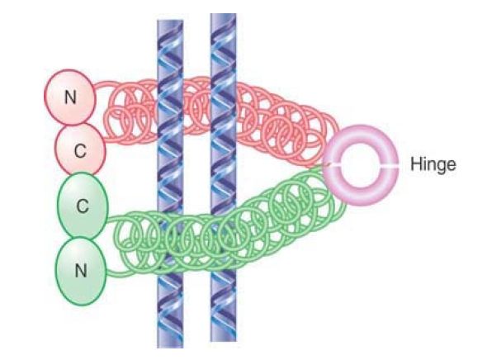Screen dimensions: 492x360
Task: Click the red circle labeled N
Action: [69, 97]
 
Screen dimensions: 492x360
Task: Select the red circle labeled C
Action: [80, 150]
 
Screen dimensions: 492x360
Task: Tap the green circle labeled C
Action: [83, 206]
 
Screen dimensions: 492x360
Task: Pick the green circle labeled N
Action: [81, 271]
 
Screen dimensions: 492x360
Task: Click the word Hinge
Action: [433, 164]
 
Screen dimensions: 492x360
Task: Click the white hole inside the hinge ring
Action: [361, 166]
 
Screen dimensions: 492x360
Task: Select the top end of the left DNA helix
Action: [170, 21]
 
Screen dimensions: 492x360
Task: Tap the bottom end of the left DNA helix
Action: [170, 347]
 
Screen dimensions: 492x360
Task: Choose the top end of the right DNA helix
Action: [223, 14]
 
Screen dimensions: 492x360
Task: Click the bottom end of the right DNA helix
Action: [223, 340]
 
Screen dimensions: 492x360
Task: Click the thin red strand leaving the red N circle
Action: [102, 84]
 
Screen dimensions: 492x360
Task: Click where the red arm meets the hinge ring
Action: [326, 164]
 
